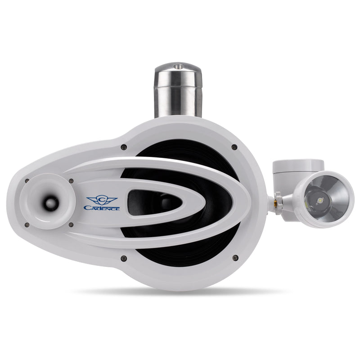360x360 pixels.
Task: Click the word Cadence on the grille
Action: coord(102,207)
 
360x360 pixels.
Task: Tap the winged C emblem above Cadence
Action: coord(102,199)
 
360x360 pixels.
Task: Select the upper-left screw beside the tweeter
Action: coord(27,181)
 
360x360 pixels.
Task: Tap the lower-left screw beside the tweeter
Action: coord(27,224)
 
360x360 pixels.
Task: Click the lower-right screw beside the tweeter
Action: coord(71,224)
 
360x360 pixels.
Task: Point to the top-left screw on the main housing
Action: coord(123,147)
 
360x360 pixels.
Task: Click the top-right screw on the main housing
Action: coord(234,147)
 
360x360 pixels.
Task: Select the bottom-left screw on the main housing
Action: coord(123,258)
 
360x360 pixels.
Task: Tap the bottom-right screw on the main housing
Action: coord(234,258)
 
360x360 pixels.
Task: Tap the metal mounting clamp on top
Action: coord(178,90)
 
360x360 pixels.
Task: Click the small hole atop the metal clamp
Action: coord(178,66)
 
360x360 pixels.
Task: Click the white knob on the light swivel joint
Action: coord(279,197)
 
